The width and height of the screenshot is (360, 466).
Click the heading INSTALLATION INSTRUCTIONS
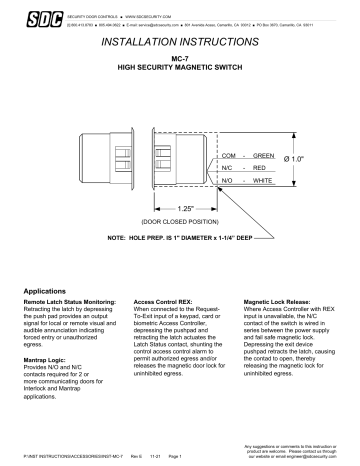(x=179, y=48)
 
